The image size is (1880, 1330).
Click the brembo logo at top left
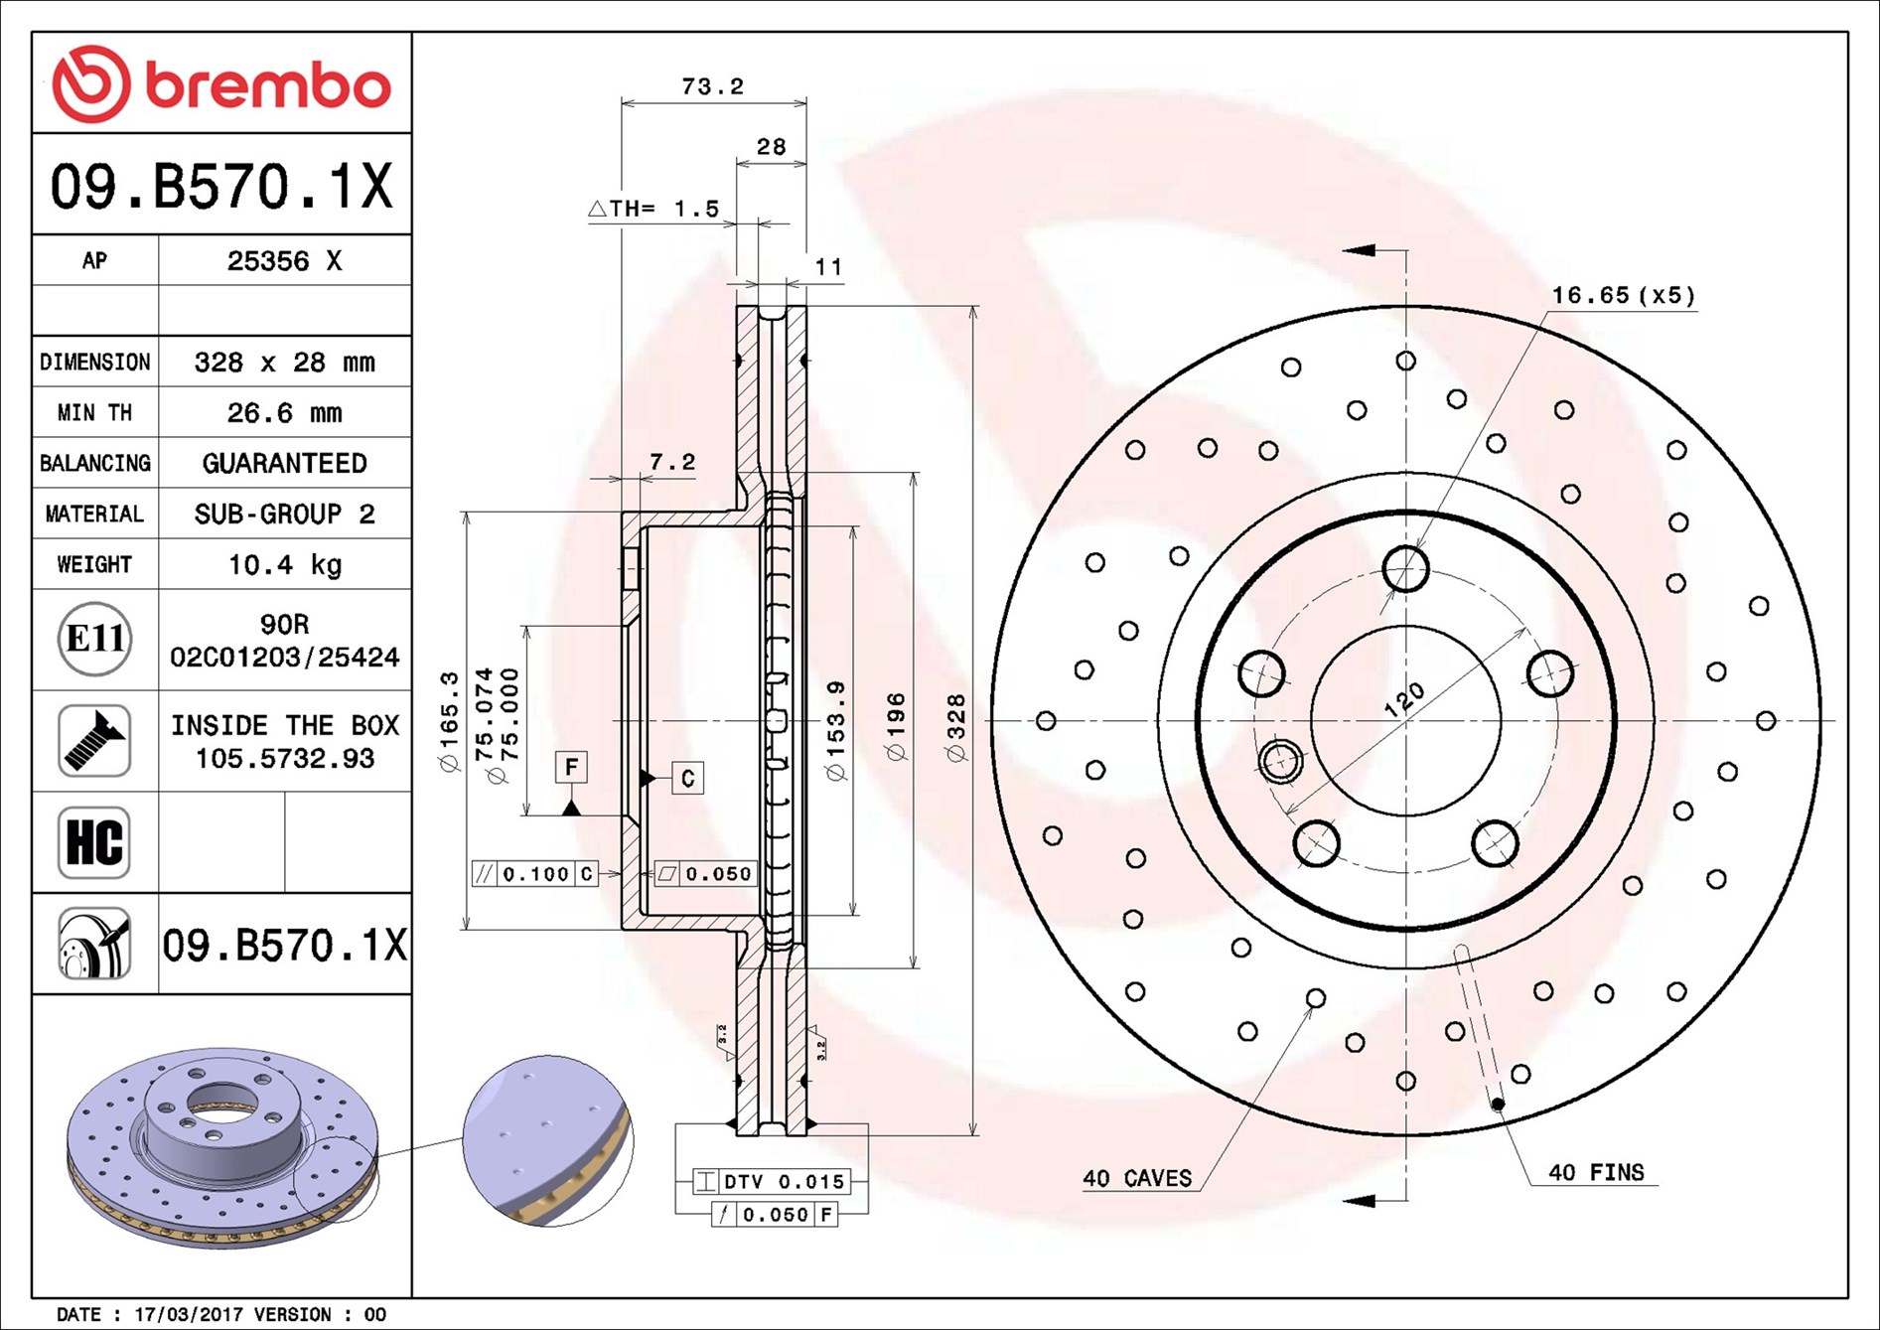220,84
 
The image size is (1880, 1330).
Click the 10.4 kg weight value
284,564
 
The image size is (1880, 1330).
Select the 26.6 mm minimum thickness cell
284,412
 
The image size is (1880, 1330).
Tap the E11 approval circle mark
94,639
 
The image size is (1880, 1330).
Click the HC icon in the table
94,842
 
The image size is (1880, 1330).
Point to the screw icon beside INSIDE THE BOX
94,741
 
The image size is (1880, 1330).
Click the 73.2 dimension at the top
712,86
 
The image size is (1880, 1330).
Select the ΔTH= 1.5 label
653,209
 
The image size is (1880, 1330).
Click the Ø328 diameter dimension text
956,728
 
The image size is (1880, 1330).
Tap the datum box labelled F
571,767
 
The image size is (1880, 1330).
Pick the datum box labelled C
687,778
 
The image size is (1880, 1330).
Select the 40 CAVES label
1137,1178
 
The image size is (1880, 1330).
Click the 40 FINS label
1596,1172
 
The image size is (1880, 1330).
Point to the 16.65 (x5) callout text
1623,295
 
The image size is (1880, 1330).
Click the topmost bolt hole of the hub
1405,569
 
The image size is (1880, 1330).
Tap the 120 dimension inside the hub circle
1404,699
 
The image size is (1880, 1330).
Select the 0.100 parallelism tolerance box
535,874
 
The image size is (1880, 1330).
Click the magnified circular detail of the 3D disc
546,1140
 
